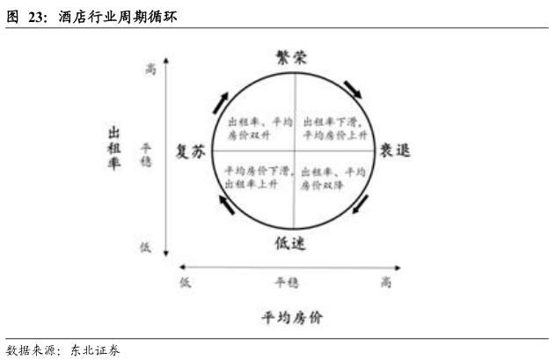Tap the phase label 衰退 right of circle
point(395,151)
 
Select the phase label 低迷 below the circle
point(290,245)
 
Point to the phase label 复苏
point(191,151)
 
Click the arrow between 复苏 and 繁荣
point(220,101)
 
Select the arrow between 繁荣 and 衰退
point(354,89)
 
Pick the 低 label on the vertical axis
point(145,247)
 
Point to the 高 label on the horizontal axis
point(386,282)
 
